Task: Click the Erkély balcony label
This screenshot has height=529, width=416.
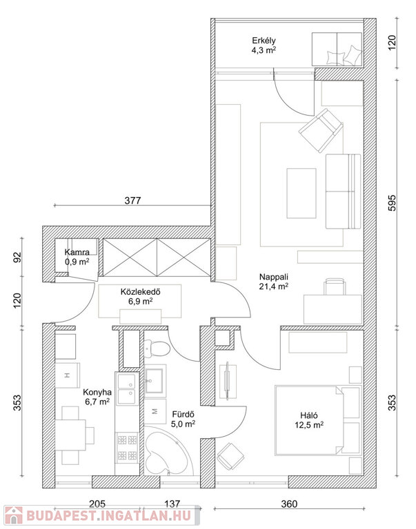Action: click(264, 45)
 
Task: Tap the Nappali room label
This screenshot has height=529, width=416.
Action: click(274, 281)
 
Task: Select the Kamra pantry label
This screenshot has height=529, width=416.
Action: click(77, 256)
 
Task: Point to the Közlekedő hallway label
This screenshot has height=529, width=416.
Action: click(140, 296)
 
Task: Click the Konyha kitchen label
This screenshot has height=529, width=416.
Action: click(97, 397)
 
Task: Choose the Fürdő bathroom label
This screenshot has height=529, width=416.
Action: click(183, 419)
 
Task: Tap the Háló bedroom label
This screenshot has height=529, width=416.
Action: click(309, 420)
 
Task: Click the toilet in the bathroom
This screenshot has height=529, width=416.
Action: click(157, 349)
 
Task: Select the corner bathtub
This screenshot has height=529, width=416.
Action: click(168, 450)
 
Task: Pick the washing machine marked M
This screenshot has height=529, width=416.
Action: click(155, 411)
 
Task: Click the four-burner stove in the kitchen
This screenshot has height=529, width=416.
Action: click(128, 448)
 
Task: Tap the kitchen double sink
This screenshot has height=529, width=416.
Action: click(126, 388)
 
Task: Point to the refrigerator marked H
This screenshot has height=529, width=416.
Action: click(68, 375)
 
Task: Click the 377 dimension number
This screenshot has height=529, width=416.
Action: click(132, 200)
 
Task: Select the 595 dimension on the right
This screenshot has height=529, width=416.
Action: click(391, 203)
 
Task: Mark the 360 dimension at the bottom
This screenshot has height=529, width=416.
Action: click(289, 504)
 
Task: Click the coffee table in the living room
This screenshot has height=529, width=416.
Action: click(301, 194)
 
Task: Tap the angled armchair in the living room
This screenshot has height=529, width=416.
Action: click(321, 130)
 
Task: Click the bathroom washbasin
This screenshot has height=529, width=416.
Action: click(155, 380)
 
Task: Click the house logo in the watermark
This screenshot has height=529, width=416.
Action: click(14, 516)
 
